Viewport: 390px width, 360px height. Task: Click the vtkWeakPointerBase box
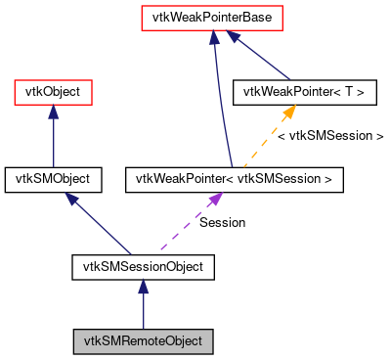212,18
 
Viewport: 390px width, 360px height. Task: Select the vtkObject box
53,93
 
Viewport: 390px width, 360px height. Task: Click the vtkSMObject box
53,179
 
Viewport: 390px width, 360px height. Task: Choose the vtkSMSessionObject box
143,265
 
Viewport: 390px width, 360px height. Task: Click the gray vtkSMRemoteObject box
143,341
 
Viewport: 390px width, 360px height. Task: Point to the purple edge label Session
222,222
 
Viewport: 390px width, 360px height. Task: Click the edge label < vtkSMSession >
329,136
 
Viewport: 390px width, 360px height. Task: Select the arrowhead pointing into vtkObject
53,112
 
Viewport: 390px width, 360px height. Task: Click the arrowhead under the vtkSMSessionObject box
143,285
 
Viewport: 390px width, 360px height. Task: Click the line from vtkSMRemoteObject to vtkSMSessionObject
143,311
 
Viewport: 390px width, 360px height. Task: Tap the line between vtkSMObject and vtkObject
53,143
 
